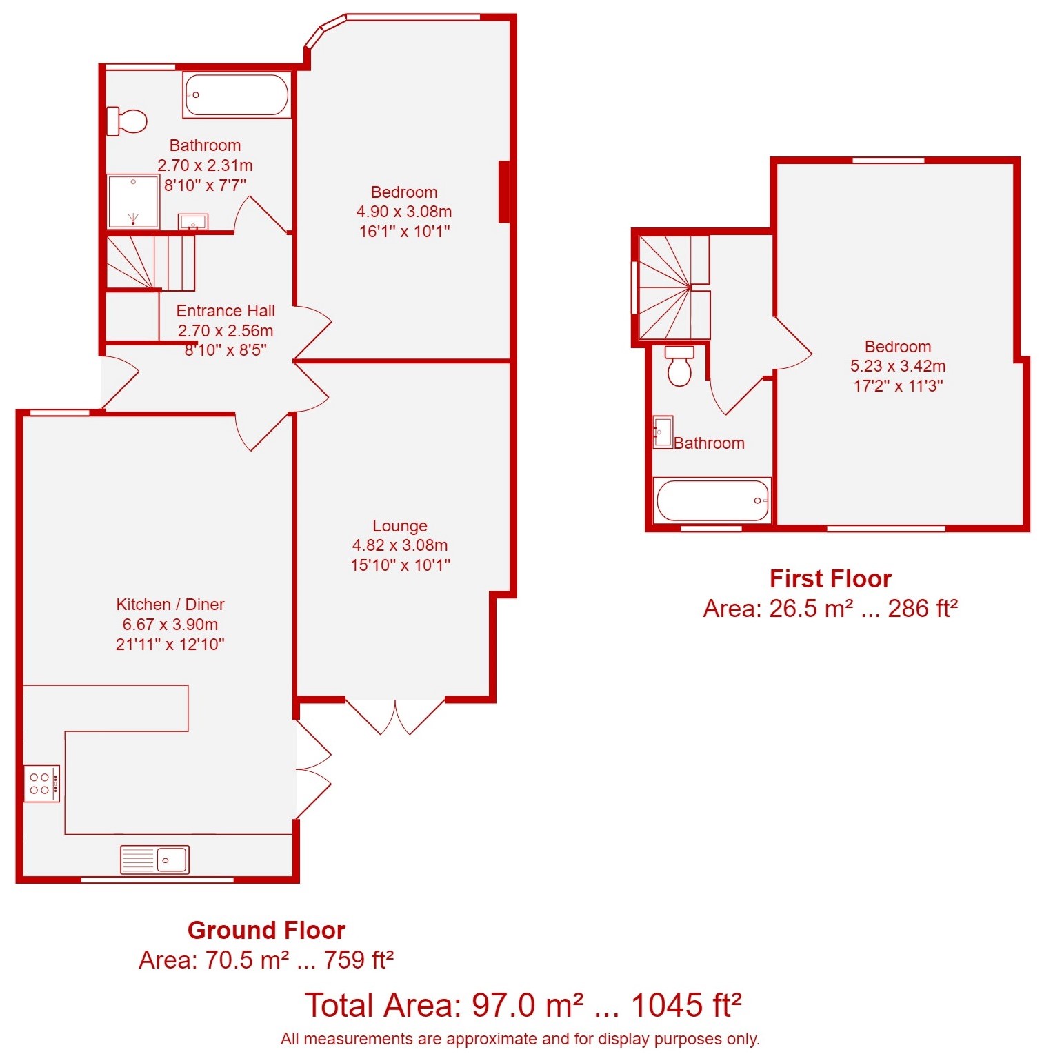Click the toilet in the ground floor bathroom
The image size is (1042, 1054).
[127, 121]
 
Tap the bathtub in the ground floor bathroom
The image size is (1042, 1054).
[237, 95]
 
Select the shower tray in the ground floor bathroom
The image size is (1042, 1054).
[134, 201]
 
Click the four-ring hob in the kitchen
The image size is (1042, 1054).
[41, 783]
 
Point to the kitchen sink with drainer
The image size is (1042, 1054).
[154, 860]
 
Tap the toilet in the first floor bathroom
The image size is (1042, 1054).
[679, 366]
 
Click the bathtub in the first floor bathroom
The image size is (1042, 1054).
[712, 500]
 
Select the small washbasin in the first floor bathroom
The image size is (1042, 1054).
[663, 432]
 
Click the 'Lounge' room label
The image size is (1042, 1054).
[400, 526]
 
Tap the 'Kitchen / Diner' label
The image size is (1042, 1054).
[170, 605]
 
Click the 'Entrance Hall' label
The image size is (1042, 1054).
[226, 311]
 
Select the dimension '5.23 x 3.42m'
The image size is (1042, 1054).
[898, 366]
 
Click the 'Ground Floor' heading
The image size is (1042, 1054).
[266, 931]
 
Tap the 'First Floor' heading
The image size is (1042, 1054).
[830, 578]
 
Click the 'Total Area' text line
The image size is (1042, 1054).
[523, 1005]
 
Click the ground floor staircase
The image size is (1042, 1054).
[150, 263]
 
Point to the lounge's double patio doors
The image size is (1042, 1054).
[395, 717]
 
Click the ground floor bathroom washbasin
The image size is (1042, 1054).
[193, 222]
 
